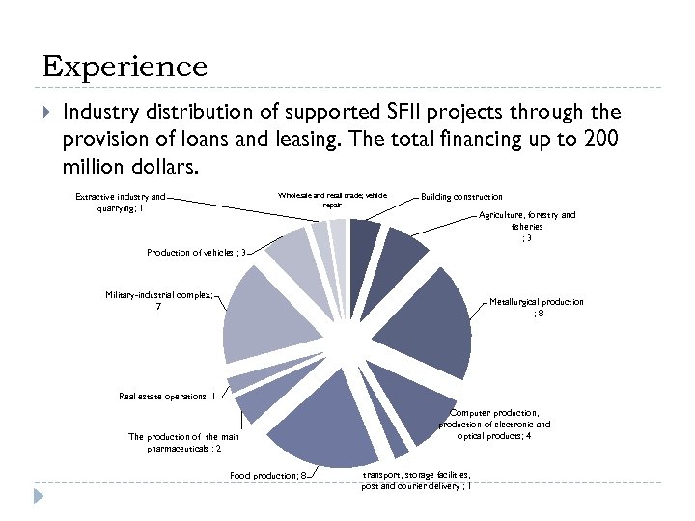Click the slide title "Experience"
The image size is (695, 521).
click(125, 67)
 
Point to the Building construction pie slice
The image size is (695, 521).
click(363, 236)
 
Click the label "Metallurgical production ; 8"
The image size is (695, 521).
click(537, 308)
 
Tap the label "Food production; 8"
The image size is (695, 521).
click(268, 475)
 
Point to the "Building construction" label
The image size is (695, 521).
click(461, 197)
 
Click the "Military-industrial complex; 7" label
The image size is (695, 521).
click(159, 300)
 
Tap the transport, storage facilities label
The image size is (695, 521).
click(416, 480)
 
